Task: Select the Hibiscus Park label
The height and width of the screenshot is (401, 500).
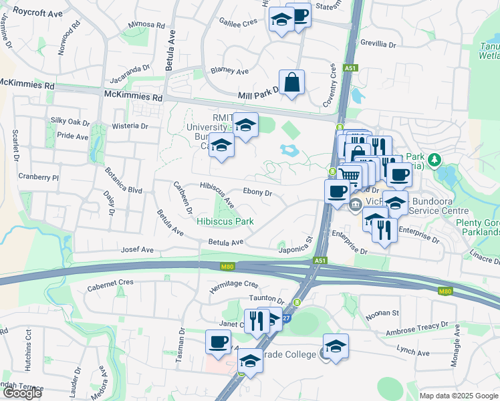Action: (225, 221)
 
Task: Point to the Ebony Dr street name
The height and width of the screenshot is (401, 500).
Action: (258, 192)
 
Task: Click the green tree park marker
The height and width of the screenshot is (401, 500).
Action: (435, 160)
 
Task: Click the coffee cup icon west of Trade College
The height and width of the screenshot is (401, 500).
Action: (218, 342)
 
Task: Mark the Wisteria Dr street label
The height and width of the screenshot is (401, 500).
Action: (130, 126)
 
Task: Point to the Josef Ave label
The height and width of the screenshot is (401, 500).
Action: (137, 249)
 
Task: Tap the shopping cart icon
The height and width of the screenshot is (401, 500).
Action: (349, 175)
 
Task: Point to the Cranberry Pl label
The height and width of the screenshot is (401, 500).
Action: (39, 178)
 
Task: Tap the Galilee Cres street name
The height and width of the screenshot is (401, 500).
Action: (238, 21)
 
